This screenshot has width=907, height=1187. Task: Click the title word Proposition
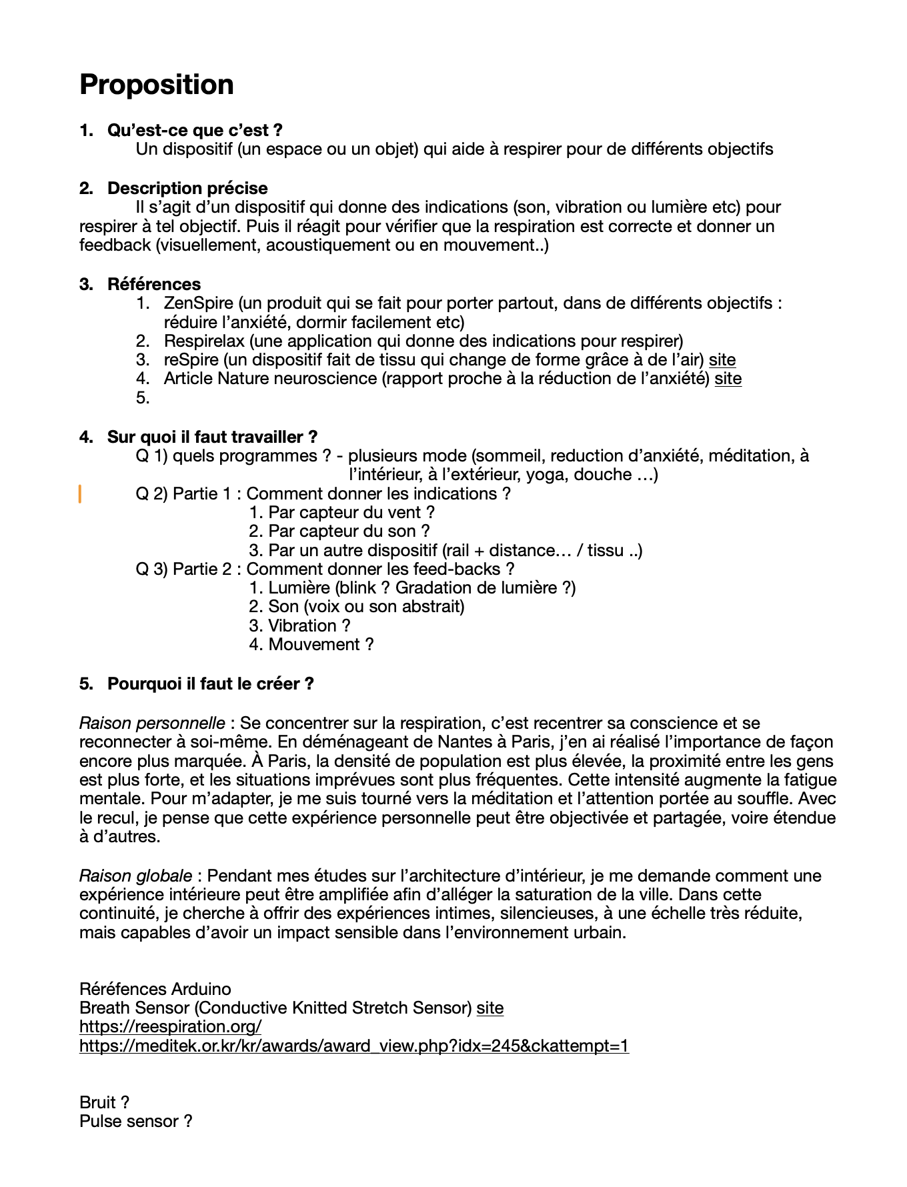coord(157,85)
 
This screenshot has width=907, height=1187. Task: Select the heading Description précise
coord(187,188)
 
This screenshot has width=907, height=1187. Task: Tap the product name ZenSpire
coord(198,303)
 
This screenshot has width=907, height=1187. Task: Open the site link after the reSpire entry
coord(722,360)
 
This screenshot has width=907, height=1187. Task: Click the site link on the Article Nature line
coord(728,379)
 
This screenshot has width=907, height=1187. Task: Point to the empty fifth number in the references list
coord(142,398)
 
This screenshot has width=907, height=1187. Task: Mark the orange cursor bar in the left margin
coord(81,494)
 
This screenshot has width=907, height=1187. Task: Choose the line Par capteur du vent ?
coord(342,513)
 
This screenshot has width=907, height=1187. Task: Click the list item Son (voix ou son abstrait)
coord(357,607)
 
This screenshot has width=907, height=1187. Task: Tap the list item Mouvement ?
coord(311,645)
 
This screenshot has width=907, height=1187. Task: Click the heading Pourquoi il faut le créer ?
coord(210,684)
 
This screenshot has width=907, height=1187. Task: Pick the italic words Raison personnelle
coord(152,724)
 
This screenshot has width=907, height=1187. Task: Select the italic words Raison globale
coord(135,876)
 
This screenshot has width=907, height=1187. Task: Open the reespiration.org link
coord(170,1026)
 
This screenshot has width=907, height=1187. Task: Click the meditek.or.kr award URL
coord(353,1046)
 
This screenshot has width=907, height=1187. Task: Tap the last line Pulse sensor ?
coord(135,1122)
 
